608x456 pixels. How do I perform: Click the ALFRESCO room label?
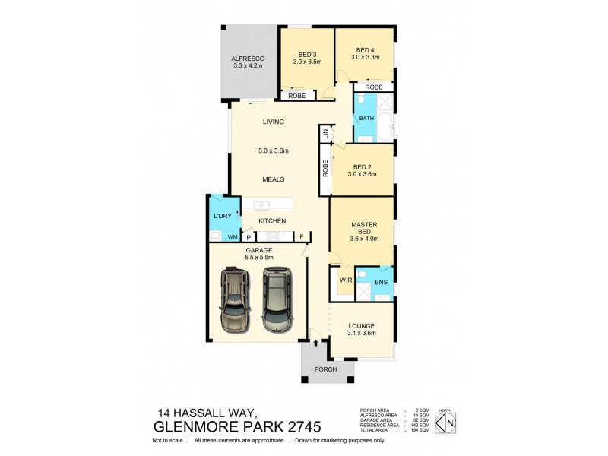pos(247,57)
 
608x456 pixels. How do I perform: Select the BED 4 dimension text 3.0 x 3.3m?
pos(365,57)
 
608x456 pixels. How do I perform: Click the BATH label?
pos(366,119)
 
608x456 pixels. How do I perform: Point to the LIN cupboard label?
pos(325,134)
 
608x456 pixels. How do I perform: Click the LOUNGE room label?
pos(362,326)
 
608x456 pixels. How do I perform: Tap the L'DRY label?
pos(222,217)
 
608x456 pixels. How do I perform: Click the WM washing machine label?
pos(232,237)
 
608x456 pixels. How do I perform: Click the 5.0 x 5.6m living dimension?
pos(273,150)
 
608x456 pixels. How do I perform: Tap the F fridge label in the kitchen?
pos(302,237)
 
